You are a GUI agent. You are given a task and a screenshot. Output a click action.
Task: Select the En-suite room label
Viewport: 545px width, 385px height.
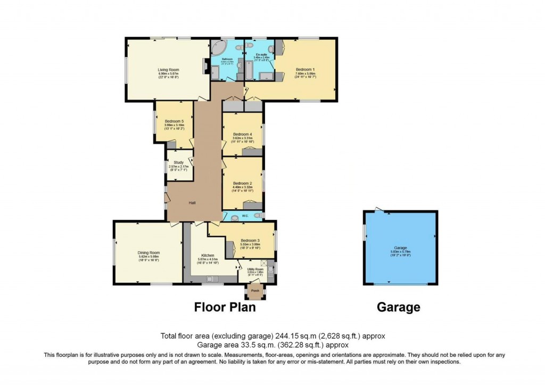click(x=261, y=55)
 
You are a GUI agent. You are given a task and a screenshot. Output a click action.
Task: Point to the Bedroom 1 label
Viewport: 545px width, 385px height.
click(x=305, y=70)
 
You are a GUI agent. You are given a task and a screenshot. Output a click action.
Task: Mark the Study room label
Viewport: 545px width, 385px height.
click(x=178, y=162)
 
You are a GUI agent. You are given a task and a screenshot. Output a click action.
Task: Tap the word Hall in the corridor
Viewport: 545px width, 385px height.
click(x=193, y=203)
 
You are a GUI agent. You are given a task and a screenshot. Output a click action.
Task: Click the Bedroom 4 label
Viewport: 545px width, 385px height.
click(x=242, y=134)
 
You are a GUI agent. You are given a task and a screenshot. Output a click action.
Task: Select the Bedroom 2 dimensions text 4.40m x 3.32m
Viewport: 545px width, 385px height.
click(x=242, y=186)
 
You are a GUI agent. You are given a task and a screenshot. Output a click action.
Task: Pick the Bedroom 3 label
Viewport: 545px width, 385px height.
click(x=250, y=240)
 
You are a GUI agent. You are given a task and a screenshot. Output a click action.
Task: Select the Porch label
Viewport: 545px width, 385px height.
click(x=255, y=290)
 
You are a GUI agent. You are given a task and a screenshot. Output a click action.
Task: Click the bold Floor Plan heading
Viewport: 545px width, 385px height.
click(x=225, y=307)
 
